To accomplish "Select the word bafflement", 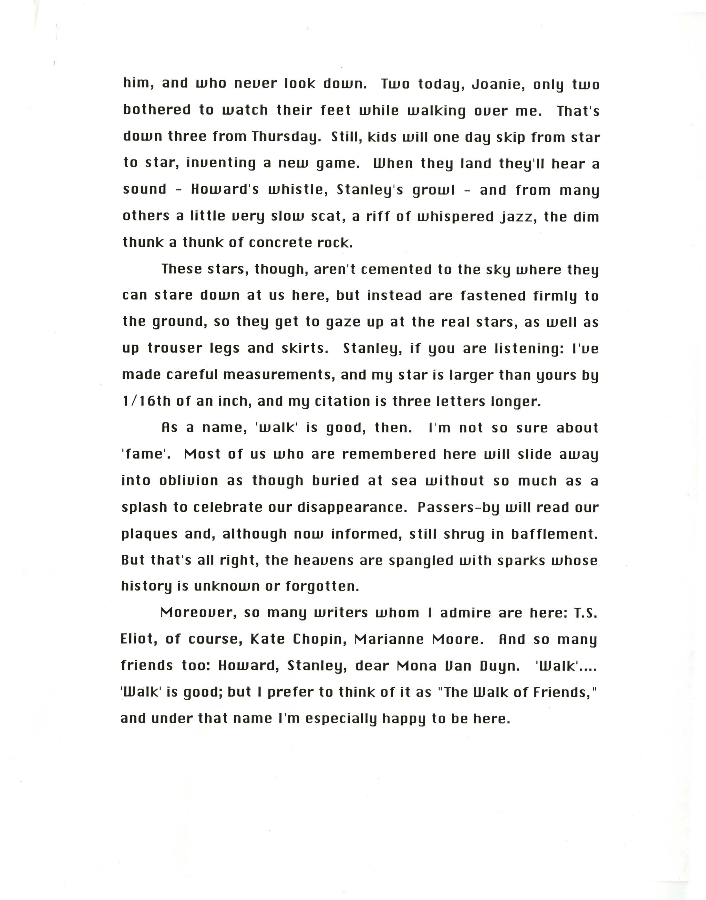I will tap(554, 534).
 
